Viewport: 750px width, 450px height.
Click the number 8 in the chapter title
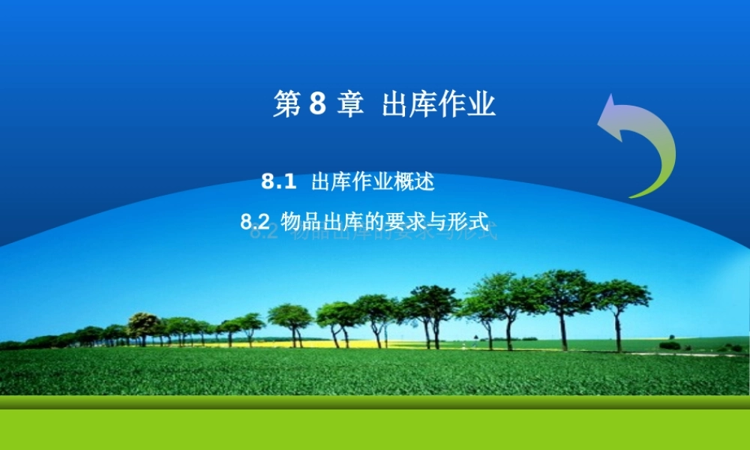[316, 105]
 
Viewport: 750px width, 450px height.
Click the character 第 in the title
[286, 105]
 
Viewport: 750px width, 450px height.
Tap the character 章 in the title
[349, 105]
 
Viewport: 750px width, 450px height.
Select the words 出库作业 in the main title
[439, 105]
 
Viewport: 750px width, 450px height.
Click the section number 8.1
[280, 181]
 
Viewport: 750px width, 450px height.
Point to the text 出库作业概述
[373, 181]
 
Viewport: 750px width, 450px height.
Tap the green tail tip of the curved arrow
[633, 196]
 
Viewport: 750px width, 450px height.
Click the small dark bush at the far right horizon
[670, 345]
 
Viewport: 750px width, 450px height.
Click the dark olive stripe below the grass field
[375, 402]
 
